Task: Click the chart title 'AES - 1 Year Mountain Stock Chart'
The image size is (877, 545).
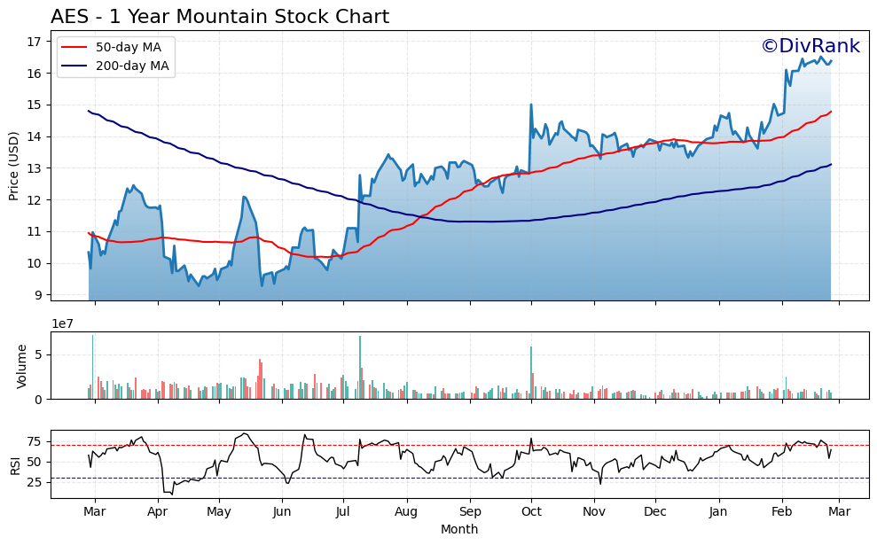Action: point(219,17)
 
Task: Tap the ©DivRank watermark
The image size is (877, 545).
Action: point(810,46)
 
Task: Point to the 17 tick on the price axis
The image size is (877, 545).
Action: point(35,42)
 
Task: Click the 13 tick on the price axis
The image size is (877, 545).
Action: point(35,168)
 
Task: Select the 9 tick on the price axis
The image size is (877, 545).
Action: point(38,295)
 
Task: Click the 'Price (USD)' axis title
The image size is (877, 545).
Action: point(14,166)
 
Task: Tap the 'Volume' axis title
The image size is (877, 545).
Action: point(22,366)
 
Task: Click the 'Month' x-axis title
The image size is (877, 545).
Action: point(459,530)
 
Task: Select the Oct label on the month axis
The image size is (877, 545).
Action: point(531,512)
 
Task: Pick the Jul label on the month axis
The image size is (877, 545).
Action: point(344,512)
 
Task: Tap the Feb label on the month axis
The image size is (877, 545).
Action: point(782,512)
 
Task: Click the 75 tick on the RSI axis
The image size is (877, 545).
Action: point(35,441)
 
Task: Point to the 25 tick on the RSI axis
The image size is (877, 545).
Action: point(35,482)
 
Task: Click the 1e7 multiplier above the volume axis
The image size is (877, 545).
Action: point(62,323)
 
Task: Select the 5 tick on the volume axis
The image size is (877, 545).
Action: point(39,354)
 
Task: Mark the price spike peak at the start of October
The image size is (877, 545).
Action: point(531,105)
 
